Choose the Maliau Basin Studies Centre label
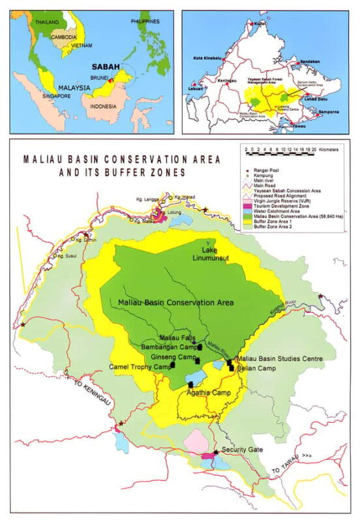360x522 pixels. coord(272,359)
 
